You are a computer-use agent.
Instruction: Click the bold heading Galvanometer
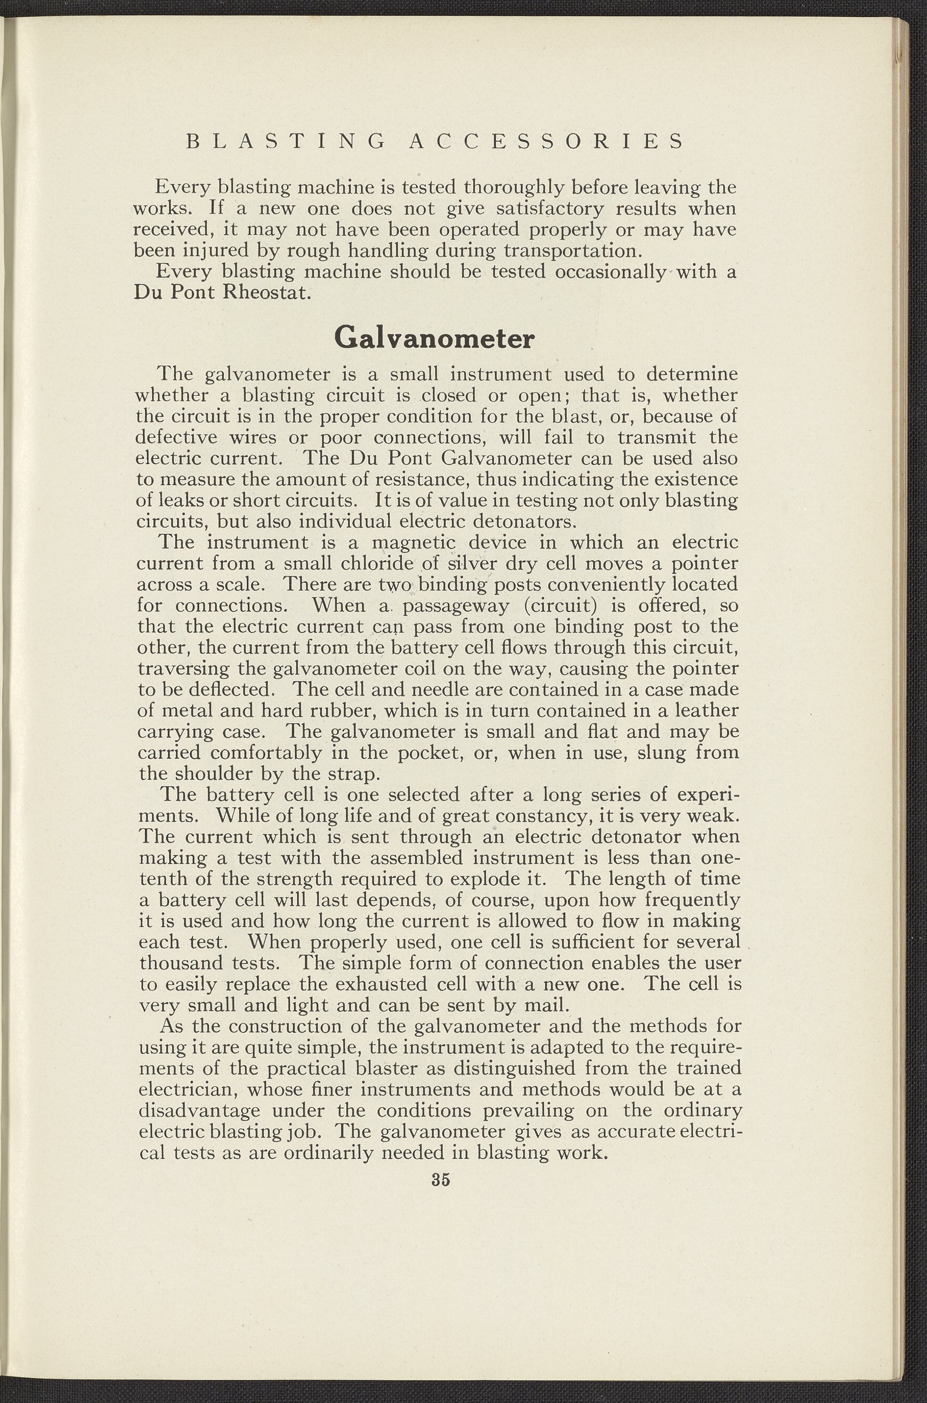(434, 339)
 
